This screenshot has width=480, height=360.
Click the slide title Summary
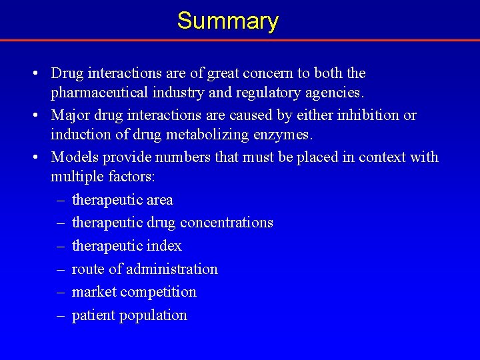coord(227,21)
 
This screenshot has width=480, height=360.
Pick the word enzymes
coord(284,134)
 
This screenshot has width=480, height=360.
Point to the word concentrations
coord(227,223)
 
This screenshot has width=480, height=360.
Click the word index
coord(164,246)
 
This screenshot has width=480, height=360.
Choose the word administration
coord(172,269)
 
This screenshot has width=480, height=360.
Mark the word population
coord(153,315)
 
